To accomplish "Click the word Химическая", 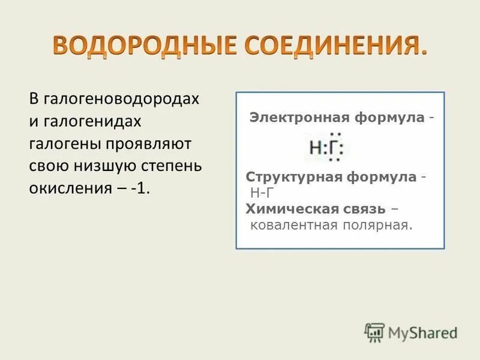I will [283, 208].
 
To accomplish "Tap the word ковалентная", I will [287, 224].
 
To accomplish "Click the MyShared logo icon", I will [374, 332].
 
